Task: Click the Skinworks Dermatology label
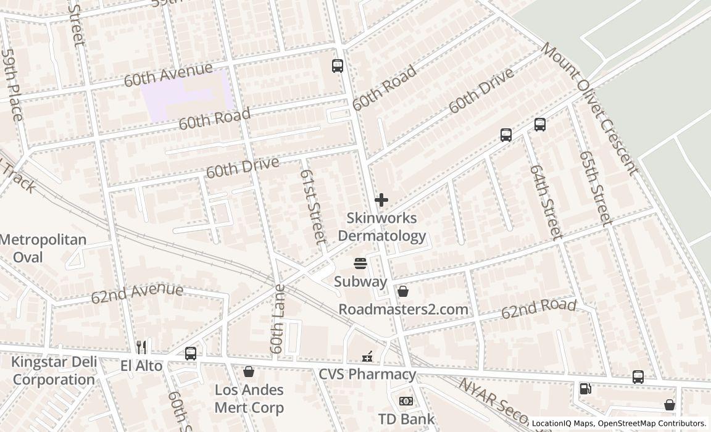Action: point(381,227)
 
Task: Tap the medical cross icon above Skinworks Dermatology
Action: point(381,200)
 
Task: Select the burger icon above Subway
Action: point(361,264)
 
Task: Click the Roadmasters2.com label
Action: point(412,309)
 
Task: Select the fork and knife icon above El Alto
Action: point(141,347)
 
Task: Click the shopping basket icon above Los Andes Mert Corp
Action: point(249,372)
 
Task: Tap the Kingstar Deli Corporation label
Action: point(53,371)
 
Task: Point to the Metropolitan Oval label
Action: point(43,248)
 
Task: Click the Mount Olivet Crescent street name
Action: point(589,109)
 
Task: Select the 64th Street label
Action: point(546,202)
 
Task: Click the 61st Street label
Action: point(312,206)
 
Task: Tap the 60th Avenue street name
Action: point(168,74)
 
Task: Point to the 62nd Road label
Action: point(538,309)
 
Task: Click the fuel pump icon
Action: point(584,389)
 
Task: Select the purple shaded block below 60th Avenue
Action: point(185,96)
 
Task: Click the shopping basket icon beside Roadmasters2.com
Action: point(403,291)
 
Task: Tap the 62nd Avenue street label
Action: point(137,293)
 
